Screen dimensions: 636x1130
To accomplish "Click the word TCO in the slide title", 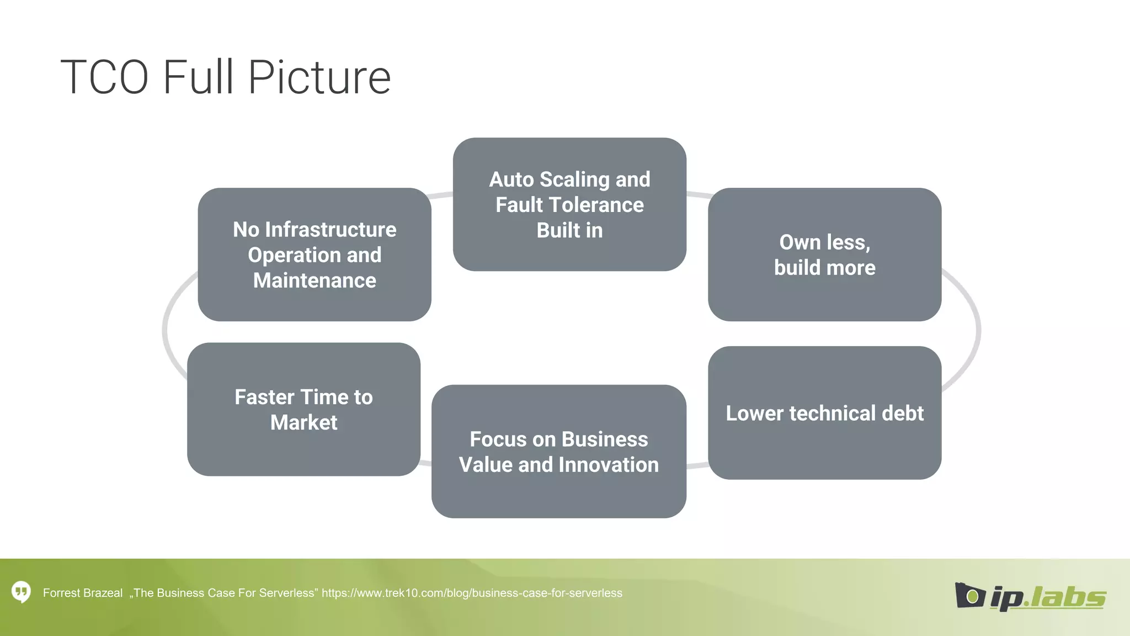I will coord(104,77).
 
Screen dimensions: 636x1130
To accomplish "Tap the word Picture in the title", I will coord(319,77).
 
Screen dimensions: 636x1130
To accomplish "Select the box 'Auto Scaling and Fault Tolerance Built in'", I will coord(569,204).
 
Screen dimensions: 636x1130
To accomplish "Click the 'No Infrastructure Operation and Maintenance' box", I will coord(315,255).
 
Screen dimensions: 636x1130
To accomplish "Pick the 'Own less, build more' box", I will coord(824,255).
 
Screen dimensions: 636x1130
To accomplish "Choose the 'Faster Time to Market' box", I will coord(303,409).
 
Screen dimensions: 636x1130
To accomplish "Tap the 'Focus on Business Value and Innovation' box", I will coord(558,452).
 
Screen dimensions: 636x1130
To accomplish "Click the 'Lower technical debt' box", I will coord(824,413).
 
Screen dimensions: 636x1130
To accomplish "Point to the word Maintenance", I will coord(315,280).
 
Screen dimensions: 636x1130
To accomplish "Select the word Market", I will coord(303,422).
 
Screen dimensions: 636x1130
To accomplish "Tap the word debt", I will coord(903,413).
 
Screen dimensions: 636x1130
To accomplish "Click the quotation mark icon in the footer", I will coord(22,592).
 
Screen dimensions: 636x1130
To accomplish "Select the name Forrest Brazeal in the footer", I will coord(83,593).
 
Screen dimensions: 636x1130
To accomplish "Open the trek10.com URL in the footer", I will coord(472,593).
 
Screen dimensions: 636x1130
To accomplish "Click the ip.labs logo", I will coord(1030,596).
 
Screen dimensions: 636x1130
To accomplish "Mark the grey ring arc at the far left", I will coord(165,331).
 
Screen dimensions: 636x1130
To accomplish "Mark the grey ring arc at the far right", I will coord(978,331).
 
